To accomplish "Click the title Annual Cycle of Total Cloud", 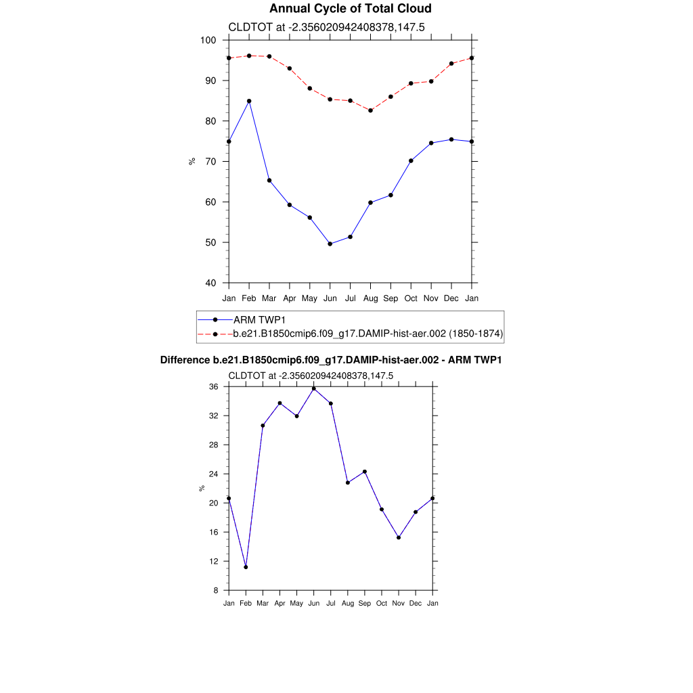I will (350, 9).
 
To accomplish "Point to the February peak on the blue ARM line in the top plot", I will (249, 101).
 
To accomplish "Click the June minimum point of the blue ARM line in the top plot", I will (330, 244).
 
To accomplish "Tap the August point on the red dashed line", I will (370, 110).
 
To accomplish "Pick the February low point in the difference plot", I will (246, 567).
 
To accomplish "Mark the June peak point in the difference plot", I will (314, 388).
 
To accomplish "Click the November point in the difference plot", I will (399, 537).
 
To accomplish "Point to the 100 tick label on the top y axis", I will (208, 41).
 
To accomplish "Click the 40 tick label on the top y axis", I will (210, 283).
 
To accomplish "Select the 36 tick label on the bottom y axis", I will (213, 387).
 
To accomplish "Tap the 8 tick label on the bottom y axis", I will (216, 591).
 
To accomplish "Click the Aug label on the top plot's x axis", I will (370, 298).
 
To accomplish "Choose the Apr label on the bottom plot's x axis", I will (280, 603).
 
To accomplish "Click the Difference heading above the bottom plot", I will (330, 361).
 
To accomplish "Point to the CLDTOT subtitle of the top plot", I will (326, 28).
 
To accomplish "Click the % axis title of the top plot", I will (192, 161).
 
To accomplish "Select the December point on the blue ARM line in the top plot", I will (451, 139).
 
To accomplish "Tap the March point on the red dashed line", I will (269, 56).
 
